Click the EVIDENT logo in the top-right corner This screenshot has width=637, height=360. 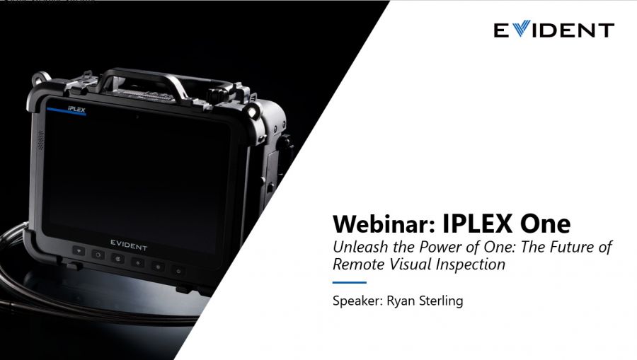click(553, 30)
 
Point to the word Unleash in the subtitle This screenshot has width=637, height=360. click(360, 248)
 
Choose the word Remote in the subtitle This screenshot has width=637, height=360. click(358, 265)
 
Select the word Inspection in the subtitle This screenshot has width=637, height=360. click(472, 265)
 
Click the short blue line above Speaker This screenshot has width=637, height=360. click(350, 283)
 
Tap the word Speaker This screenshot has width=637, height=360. click(357, 301)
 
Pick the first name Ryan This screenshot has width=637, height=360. click(401, 301)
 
